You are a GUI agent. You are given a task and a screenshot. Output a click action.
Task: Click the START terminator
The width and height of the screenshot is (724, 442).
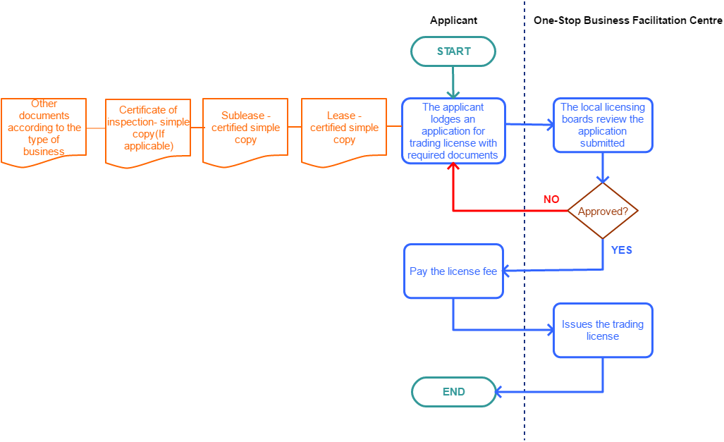453,51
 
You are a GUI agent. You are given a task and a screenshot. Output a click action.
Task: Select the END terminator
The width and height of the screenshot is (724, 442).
453,392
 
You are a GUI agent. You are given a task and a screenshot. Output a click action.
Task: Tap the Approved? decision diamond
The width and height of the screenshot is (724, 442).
603,211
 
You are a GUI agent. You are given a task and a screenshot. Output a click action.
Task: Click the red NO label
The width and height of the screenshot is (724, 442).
551,199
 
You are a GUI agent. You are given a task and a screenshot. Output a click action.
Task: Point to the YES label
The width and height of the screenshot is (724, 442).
621,250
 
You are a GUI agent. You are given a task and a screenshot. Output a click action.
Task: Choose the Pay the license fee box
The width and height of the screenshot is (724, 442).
453,271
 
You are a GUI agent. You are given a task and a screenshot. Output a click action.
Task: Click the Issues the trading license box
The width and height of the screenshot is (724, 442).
603,331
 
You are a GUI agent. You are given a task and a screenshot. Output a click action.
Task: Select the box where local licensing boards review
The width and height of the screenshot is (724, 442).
603,125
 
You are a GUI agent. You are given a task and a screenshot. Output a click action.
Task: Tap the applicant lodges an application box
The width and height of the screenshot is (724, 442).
453,131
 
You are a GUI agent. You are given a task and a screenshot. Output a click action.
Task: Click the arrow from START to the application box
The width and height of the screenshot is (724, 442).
453,82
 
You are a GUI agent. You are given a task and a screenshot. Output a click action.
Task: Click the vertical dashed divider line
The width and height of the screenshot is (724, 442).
524,317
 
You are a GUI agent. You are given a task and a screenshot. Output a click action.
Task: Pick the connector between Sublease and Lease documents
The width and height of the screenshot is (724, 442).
295,128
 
